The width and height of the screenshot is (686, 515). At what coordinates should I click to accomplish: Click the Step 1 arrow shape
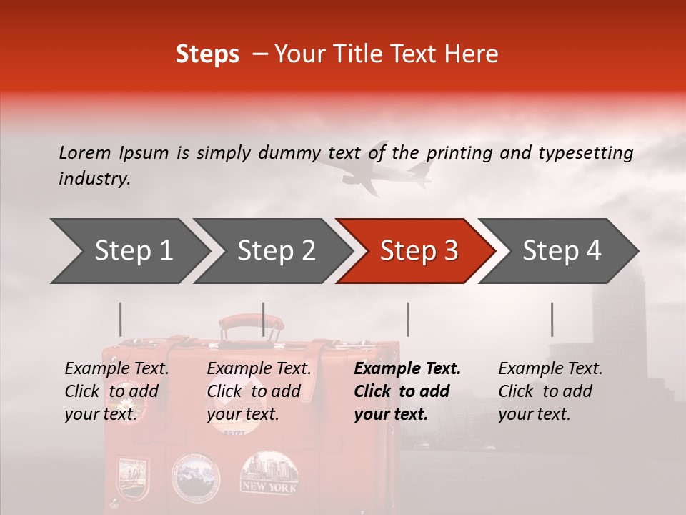(129, 251)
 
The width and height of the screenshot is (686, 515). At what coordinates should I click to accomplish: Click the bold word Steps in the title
(207, 54)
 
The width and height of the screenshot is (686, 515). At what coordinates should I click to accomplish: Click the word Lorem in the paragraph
(85, 153)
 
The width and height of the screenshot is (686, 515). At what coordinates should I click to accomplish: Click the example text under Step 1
(116, 391)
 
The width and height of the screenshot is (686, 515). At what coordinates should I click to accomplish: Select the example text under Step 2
(259, 391)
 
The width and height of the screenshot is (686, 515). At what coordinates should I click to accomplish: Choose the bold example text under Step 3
(407, 391)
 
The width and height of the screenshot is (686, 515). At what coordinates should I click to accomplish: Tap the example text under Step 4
(550, 391)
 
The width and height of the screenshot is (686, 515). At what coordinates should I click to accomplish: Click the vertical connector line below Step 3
(407, 319)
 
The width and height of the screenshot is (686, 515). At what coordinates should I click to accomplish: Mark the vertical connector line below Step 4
(552, 319)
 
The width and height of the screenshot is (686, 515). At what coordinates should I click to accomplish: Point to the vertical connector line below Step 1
(121, 319)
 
